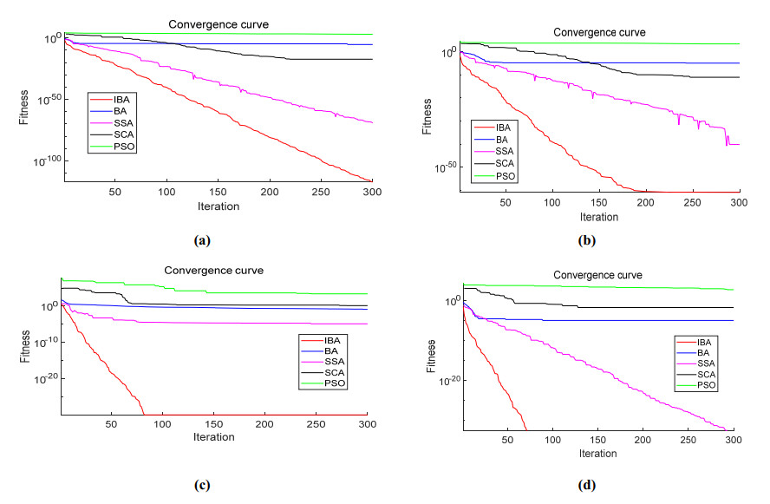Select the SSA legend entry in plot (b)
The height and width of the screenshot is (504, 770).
pyautogui.click(x=502, y=152)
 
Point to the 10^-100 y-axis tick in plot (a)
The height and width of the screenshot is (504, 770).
pyautogui.click(x=48, y=161)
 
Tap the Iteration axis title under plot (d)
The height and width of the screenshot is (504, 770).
pyautogui.click(x=597, y=453)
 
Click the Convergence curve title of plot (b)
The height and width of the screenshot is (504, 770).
pyautogui.click(x=599, y=32)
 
